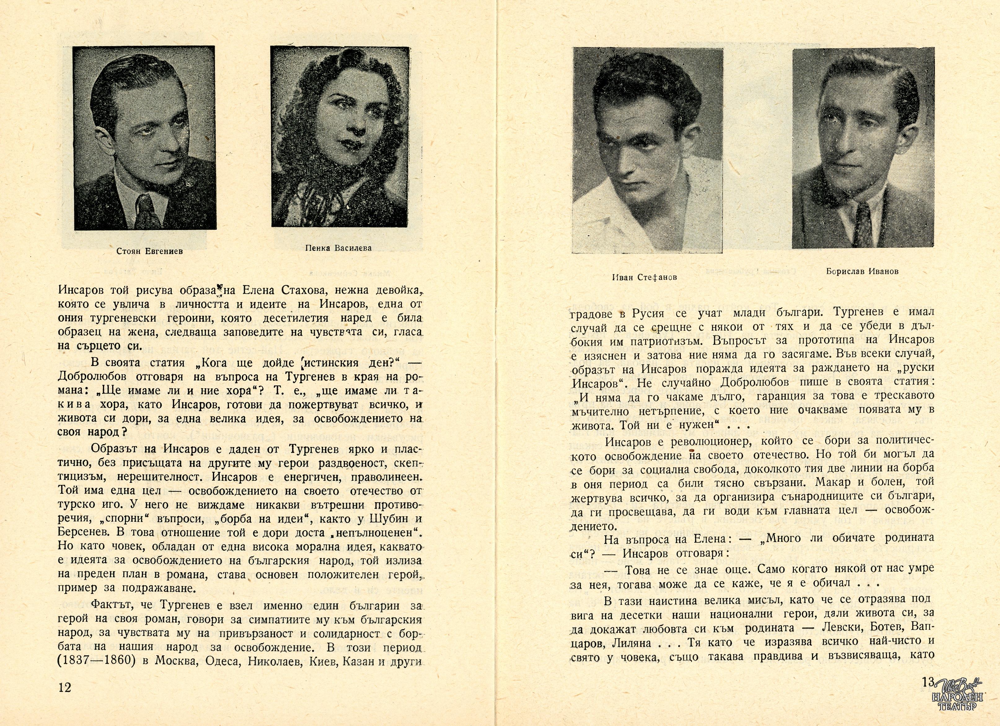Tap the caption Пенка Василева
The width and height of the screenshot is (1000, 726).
338,248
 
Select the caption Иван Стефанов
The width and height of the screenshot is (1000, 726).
644,277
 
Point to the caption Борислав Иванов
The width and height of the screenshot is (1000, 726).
862,272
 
